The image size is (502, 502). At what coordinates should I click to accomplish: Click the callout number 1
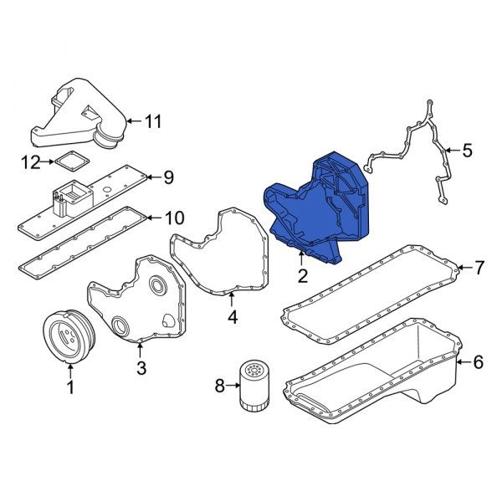click(70, 387)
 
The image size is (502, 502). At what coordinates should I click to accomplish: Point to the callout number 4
click(233, 318)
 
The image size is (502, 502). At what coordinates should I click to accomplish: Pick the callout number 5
click(467, 151)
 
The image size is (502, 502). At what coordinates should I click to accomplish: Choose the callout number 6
click(478, 362)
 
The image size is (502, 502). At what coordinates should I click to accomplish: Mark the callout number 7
click(479, 269)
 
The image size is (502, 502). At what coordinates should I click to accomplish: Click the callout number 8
click(221, 386)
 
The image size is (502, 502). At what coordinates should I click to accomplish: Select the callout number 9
click(167, 177)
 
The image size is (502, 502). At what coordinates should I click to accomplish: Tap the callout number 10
click(172, 218)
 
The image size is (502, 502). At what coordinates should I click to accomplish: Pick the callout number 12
click(31, 162)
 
